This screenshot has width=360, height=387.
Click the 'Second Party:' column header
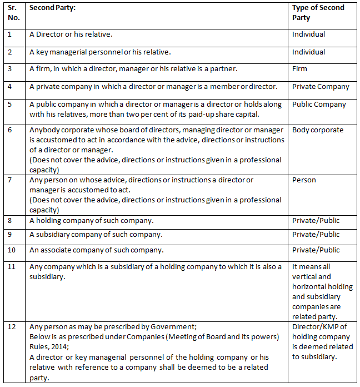(x=54, y=8)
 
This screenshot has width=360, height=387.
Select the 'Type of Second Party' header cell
(x=318, y=12)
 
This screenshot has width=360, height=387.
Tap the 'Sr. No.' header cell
(x=14, y=12)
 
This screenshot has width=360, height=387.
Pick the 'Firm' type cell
(x=300, y=70)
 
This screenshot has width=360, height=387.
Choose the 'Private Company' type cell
(x=321, y=87)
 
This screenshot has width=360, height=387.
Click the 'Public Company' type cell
(x=319, y=105)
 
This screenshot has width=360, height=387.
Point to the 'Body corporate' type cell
(x=318, y=130)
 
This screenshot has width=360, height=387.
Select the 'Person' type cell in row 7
(x=304, y=180)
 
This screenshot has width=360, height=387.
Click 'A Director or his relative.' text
(x=71, y=34)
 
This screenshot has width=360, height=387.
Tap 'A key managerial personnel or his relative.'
(x=99, y=52)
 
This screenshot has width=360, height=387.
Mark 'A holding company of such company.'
(x=91, y=221)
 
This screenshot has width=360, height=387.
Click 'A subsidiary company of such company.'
(x=96, y=235)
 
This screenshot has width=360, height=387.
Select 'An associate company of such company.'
(x=96, y=250)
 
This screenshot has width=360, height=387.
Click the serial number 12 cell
(x=12, y=326)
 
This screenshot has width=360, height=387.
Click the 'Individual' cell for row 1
(x=308, y=34)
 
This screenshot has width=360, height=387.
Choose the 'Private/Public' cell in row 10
(x=316, y=250)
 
